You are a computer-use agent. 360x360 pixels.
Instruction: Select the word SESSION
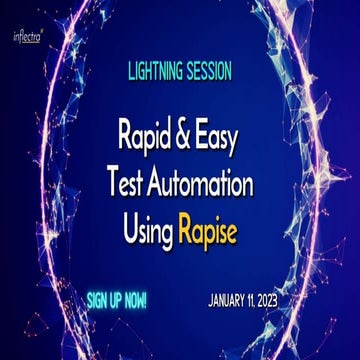click(209, 72)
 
